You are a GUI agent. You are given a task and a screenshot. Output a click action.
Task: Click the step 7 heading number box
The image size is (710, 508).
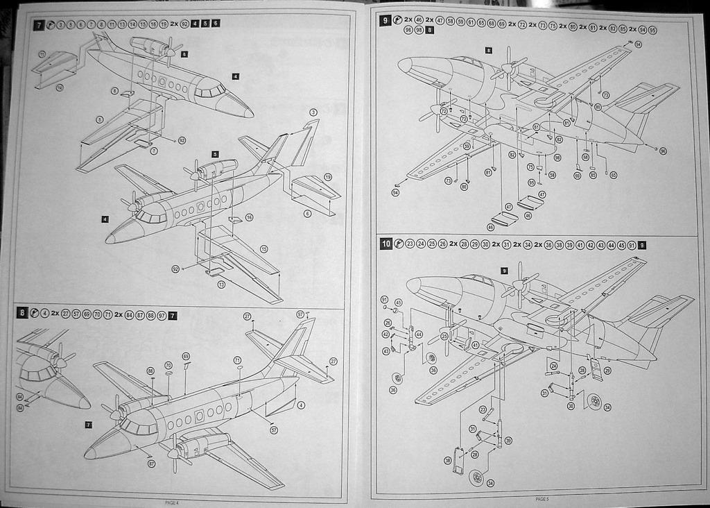pyautogui.click(x=40, y=24)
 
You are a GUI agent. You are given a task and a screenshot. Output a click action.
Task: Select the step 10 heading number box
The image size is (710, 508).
pyautogui.click(x=386, y=244)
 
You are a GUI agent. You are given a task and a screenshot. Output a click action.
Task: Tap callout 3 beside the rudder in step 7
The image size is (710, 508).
pyautogui.click(x=313, y=112)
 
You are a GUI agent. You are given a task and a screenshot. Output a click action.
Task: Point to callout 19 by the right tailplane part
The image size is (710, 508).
pyautogui.click(x=327, y=177)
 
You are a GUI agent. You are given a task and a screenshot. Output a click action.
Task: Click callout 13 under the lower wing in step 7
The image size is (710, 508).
pyautogui.click(x=221, y=284)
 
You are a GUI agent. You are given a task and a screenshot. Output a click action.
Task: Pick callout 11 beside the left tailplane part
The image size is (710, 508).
pyautogui.click(x=42, y=53)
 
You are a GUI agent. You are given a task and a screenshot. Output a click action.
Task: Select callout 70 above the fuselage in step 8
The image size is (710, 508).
pyautogui.click(x=168, y=365)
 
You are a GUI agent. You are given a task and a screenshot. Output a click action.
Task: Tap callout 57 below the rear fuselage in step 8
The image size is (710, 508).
pyautogui.click(x=274, y=430)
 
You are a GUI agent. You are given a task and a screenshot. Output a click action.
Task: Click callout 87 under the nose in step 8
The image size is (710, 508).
pyautogui.click(x=152, y=463)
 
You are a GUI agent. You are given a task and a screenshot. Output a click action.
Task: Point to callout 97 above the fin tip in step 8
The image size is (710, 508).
pyautogui.click(x=300, y=314)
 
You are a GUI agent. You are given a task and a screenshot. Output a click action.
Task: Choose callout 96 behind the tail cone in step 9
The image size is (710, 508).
pyautogui.click(x=663, y=151)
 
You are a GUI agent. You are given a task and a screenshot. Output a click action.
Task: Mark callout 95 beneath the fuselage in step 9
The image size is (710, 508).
pyautogui.click(x=531, y=183)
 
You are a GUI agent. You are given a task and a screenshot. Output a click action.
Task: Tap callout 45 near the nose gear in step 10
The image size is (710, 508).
pyautogui.click(x=398, y=303)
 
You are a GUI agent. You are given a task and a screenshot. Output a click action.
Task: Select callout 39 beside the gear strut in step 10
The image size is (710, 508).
pyautogui.click(x=508, y=441)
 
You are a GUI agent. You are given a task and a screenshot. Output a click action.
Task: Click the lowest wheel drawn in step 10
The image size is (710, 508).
pyautogui.click(x=476, y=477)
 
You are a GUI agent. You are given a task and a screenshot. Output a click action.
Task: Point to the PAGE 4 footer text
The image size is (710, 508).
pyautogui.click(x=172, y=502)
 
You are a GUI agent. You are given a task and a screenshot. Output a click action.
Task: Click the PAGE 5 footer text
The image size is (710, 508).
pyautogui.click(x=542, y=498)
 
